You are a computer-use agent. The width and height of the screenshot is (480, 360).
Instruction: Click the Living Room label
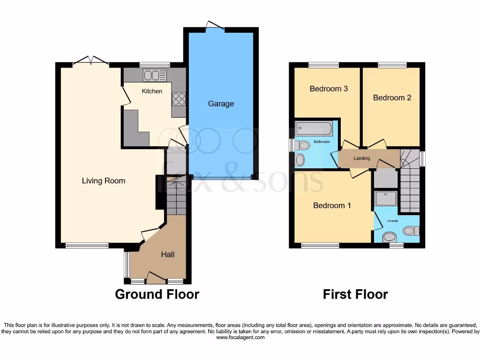(104, 180)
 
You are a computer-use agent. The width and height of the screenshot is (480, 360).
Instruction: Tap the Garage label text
(221, 104)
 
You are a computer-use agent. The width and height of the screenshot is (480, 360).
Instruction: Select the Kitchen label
(152, 91)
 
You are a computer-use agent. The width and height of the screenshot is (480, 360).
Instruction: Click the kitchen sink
(155, 75)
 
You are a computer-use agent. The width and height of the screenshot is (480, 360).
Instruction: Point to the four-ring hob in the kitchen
(179, 99)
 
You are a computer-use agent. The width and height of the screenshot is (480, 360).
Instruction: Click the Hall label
(168, 254)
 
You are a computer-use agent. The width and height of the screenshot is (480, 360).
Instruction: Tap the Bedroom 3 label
(329, 89)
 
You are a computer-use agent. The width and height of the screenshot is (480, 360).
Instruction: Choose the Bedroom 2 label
(392, 97)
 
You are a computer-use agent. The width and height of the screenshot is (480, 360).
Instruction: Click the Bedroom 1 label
(332, 205)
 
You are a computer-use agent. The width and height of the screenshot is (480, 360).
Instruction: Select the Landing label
(362, 158)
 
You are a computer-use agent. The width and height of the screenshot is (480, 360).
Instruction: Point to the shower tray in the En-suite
(386, 199)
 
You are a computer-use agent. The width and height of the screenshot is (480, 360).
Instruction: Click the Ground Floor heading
(157, 294)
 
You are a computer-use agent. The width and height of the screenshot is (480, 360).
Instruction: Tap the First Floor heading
(355, 294)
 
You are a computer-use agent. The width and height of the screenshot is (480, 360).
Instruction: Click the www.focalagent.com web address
(240, 337)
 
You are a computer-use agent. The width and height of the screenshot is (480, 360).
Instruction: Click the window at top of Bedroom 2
(393, 65)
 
